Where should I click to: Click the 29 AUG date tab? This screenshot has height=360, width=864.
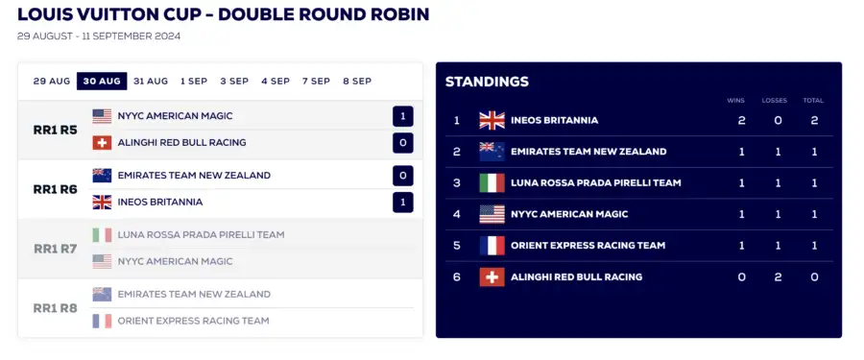52,81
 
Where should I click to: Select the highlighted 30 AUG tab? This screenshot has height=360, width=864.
102,81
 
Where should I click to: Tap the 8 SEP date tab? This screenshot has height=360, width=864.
357,81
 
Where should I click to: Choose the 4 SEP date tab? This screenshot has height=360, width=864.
276,81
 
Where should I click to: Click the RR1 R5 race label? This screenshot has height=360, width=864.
55,131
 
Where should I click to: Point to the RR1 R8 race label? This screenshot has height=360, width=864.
55,308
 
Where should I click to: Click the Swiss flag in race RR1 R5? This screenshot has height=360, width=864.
102,143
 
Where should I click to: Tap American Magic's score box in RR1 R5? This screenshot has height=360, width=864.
403,116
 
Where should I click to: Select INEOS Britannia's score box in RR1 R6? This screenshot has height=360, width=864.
403,203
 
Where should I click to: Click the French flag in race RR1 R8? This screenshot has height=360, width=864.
102,321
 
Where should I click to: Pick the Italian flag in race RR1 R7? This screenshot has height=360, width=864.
102,235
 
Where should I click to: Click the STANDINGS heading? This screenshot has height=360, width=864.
487,82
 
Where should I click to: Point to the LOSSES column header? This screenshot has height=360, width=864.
774,101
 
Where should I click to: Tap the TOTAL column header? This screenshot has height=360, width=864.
813,101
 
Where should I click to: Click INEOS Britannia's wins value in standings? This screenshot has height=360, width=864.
742,120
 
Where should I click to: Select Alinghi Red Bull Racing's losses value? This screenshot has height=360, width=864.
778,276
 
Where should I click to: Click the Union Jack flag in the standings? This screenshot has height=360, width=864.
492,120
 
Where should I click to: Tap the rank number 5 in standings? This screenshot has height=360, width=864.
457,246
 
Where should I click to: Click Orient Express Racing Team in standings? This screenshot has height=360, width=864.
588,246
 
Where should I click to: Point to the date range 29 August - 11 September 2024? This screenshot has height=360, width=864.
99,36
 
